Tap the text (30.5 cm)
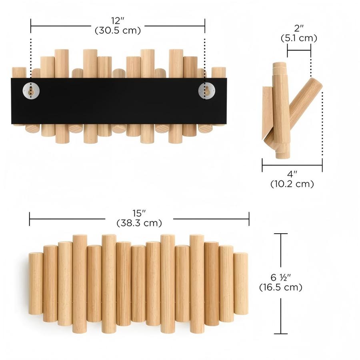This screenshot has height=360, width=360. [x=118, y=30]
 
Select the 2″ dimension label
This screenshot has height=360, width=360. [x=299, y=29]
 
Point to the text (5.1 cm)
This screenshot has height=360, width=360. [x=299, y=38]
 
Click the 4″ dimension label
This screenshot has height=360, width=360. [x=292, y=174]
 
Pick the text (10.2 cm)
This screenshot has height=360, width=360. [x=292, y=184]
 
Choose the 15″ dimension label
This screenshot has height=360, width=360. [x=139, y=214]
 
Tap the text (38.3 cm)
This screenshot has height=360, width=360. [x=139, y=223]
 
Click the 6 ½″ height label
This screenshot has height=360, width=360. [x=281, y=277]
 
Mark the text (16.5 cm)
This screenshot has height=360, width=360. [x=281, y=287]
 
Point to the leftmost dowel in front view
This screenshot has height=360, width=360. [x=36, y=283]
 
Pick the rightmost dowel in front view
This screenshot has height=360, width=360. [x=241, y=283]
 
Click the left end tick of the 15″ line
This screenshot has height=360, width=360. [x=30, y=219]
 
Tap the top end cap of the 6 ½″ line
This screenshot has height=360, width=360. [x=281, y=234]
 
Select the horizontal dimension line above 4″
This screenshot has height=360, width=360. [x=292, y=165]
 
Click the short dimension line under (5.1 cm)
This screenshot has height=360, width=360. [x=299, y=50]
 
